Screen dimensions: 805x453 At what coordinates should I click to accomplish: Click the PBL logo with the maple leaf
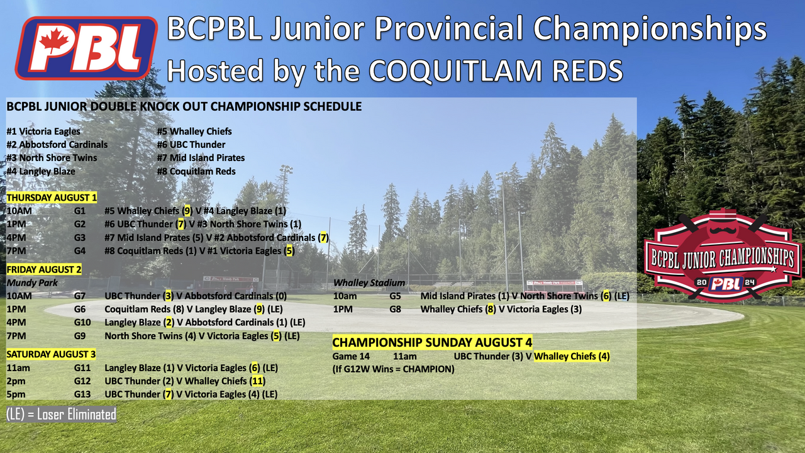(86, 48)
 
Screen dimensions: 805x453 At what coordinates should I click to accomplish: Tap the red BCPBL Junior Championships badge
(723, 255)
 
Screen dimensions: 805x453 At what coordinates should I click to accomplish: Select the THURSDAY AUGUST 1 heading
(52, 198)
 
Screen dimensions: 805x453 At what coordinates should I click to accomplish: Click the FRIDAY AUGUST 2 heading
(44, 269)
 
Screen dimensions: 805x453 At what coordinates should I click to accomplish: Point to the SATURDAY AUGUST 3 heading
(51, 354)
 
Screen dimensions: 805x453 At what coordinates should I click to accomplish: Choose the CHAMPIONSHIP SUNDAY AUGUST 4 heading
(432, 342)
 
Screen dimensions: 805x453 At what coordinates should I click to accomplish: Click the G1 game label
(80, 211)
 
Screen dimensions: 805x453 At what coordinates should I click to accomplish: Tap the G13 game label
(82, 394)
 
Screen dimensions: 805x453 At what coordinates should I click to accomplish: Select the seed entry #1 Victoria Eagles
(43, 131)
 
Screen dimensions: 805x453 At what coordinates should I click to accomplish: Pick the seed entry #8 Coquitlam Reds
(196, 172)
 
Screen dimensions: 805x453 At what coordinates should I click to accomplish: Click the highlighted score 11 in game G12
(257, 381)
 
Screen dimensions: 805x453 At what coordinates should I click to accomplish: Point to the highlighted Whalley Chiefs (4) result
(572, 356)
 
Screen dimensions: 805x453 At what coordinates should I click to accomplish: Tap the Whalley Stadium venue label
(369, 283)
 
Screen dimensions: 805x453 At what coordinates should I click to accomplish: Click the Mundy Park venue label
(32, 283)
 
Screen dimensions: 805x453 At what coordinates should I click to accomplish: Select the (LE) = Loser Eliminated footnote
(61, 415)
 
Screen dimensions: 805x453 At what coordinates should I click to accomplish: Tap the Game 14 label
(351, 356)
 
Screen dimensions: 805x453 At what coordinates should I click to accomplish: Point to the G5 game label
(396, 296)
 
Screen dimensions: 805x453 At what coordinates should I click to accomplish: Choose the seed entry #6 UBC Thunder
(191, 145)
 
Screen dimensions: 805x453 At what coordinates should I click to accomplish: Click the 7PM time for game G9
(16, 336)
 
